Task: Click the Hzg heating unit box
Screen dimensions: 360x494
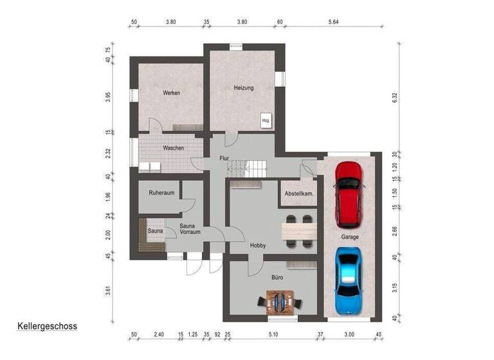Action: point(265,120)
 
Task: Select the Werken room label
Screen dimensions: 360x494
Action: point(171,93)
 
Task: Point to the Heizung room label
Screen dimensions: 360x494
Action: point(244,88)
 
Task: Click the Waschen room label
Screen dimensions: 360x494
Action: point(173,148)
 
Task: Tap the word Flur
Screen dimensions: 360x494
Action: point(224,157)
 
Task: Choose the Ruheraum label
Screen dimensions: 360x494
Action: point(161,192)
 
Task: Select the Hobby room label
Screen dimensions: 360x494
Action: point(258,246)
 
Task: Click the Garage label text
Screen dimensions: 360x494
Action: point(351,237)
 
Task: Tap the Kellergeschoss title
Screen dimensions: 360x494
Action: point(48,326)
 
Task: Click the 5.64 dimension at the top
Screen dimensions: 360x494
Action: point(333,21)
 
